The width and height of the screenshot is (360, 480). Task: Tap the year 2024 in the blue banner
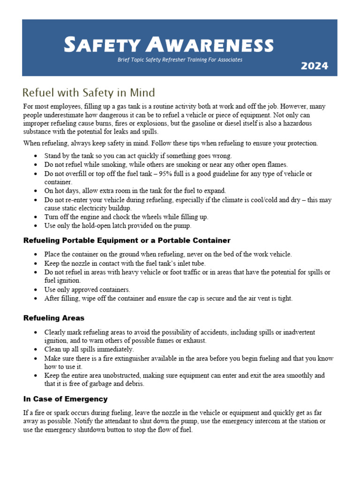[314, 66]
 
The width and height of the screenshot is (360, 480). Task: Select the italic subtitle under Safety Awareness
[180, 60]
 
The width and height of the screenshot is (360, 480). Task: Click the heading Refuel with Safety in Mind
[89, 92]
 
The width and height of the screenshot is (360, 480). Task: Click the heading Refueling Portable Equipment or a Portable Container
[127, 240]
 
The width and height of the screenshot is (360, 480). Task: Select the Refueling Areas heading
[54, 318]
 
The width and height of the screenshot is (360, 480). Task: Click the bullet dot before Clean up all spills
[37, 350]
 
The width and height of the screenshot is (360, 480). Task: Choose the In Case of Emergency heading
[66, 399]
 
